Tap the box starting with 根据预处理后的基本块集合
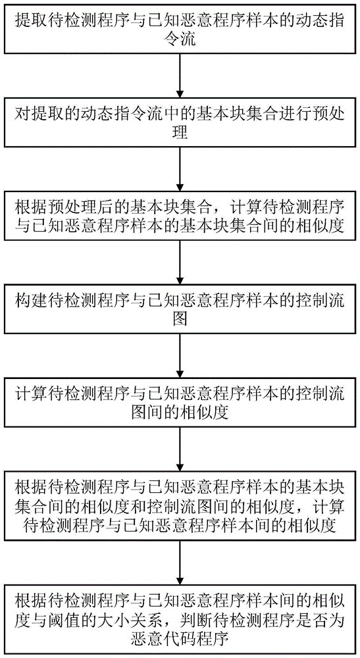180,217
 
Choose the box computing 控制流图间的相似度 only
180,403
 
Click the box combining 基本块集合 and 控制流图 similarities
180,507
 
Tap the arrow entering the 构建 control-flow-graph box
180,264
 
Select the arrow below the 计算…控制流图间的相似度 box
180,450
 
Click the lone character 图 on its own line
180,319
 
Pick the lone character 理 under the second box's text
180,134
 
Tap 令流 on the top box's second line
180,40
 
